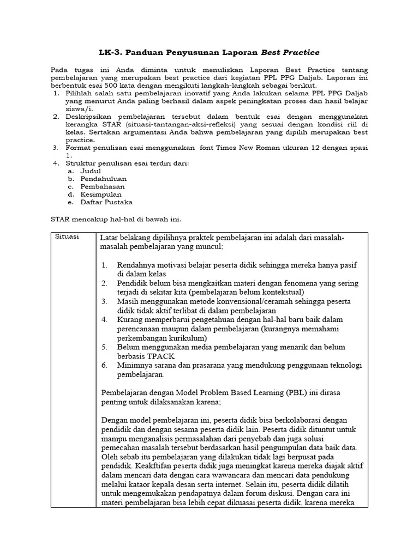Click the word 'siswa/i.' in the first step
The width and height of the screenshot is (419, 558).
[80, 108]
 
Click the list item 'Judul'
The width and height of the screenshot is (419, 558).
[91, 171]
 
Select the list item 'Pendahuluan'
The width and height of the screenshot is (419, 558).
[104, 178]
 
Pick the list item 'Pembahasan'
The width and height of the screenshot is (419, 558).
[103, 186]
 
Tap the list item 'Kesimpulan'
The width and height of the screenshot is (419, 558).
[101, 194]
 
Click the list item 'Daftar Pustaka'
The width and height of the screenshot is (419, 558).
[106, 202]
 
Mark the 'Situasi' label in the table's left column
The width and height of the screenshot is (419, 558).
[67, 237]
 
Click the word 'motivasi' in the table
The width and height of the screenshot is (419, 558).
[177, 265]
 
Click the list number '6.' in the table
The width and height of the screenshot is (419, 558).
[105, 365]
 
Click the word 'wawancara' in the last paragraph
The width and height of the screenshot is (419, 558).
[218, 475]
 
